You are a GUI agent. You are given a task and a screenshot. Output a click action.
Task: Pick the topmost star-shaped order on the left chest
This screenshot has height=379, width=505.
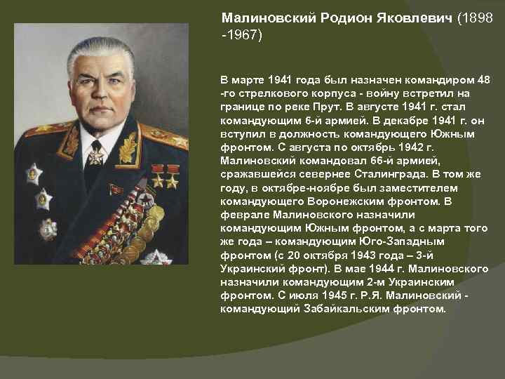(34, 173)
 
